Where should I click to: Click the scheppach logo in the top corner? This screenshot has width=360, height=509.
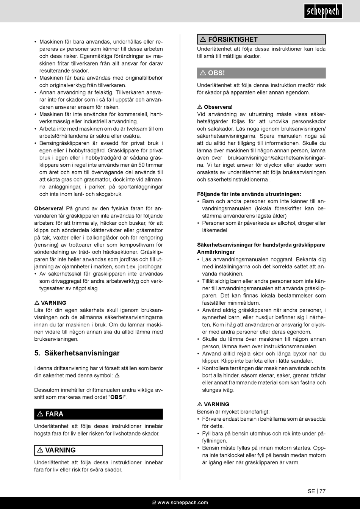(323, 11)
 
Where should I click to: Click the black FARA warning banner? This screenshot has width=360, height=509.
(99, 414)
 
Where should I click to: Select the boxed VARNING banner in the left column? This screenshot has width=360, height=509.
(99, 450)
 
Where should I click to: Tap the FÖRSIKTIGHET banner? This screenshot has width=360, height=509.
(261, 39)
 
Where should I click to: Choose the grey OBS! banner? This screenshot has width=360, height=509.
(261, 73)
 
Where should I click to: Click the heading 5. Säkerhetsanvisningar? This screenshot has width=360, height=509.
(77, 353)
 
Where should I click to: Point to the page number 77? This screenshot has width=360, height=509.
(322, 491)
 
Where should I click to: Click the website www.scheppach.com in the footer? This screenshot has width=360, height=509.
(183, 503)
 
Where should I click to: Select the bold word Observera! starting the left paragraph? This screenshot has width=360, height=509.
(49, 208)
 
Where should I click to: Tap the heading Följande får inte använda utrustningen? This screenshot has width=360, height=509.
(249, 194)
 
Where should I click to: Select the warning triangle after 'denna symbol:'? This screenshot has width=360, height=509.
(117, 376)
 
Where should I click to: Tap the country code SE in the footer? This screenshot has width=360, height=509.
(311, 491)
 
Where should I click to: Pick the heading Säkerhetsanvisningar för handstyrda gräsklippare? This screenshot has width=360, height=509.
(261, 245)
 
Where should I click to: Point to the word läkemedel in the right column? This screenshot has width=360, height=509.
(214, 230)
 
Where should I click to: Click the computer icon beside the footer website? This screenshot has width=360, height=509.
(154, 503)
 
